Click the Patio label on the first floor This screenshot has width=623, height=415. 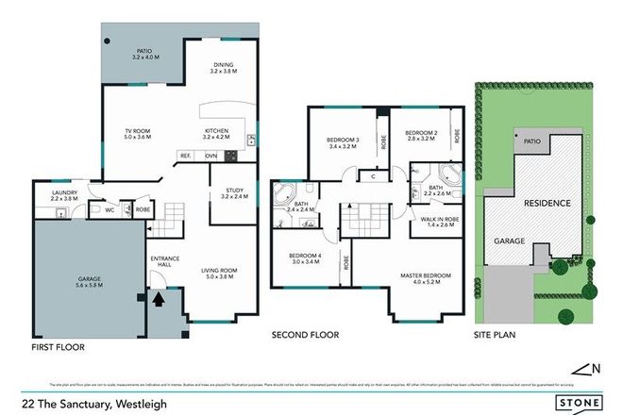144,55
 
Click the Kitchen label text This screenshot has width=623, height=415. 218,135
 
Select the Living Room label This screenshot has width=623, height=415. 218,276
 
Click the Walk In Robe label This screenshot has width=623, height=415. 434,223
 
